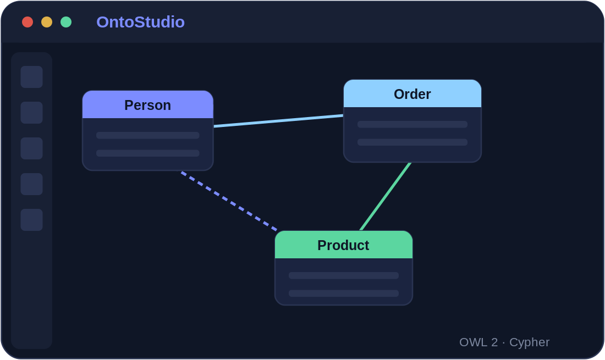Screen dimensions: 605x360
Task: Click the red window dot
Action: [28, 22]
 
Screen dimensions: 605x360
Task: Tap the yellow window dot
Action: [47, 22]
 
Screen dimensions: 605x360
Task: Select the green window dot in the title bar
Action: [66, 22]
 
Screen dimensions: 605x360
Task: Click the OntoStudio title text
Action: [140, 22]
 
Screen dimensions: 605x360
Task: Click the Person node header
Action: [148, 104]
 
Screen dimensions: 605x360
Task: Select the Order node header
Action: [413, 93]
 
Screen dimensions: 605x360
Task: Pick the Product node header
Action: [344, 245]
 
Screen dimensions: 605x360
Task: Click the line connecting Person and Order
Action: [279, 121]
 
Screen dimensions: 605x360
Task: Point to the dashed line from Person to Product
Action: [229, 201]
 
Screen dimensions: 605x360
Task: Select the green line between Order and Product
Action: [386, 197]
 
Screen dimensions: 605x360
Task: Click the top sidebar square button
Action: [32, 77]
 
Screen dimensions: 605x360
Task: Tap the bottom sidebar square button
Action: [32, 220]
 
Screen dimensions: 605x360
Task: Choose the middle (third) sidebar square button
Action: [32, 148]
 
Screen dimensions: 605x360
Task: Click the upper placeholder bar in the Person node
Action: [148, 135]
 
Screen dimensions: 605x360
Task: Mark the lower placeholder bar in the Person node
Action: [148, 153]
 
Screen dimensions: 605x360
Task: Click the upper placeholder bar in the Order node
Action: [413, 124]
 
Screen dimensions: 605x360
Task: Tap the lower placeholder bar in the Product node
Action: [344, 293]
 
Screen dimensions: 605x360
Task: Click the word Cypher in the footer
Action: [529, 342]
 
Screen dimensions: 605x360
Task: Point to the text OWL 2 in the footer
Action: [479, 342]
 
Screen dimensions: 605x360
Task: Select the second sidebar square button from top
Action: [32, 113]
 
